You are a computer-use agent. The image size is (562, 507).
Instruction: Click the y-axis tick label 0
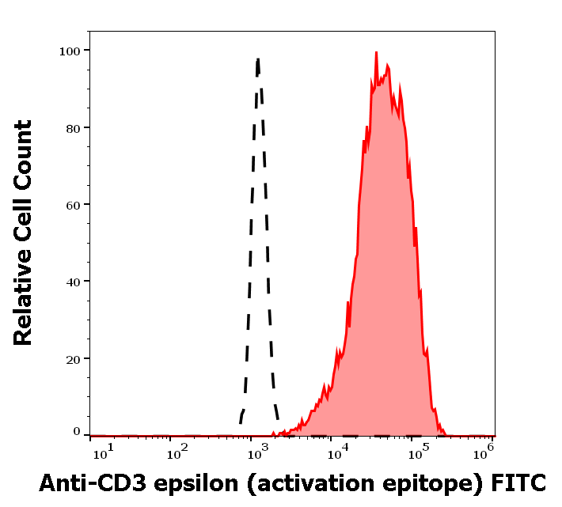[x=76, y=432]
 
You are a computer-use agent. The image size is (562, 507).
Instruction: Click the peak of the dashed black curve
[x=258, y=58]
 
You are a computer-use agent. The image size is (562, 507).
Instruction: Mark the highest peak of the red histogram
[x=376, y=52]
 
